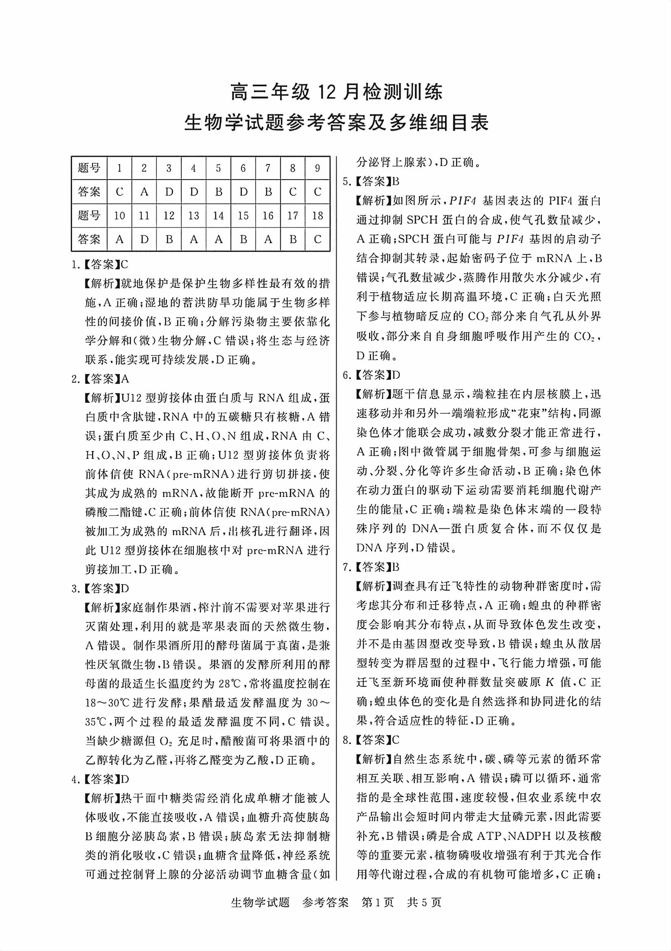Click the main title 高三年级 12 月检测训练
click(x=336, y=92)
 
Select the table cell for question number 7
click(x=268, y=168)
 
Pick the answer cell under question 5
click(x=219, y=192)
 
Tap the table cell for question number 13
click(x=194, y=215)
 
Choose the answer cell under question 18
click(x=318, y=239)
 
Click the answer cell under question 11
click(x=144, y=239)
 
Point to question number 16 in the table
click(x=268, y=215)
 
